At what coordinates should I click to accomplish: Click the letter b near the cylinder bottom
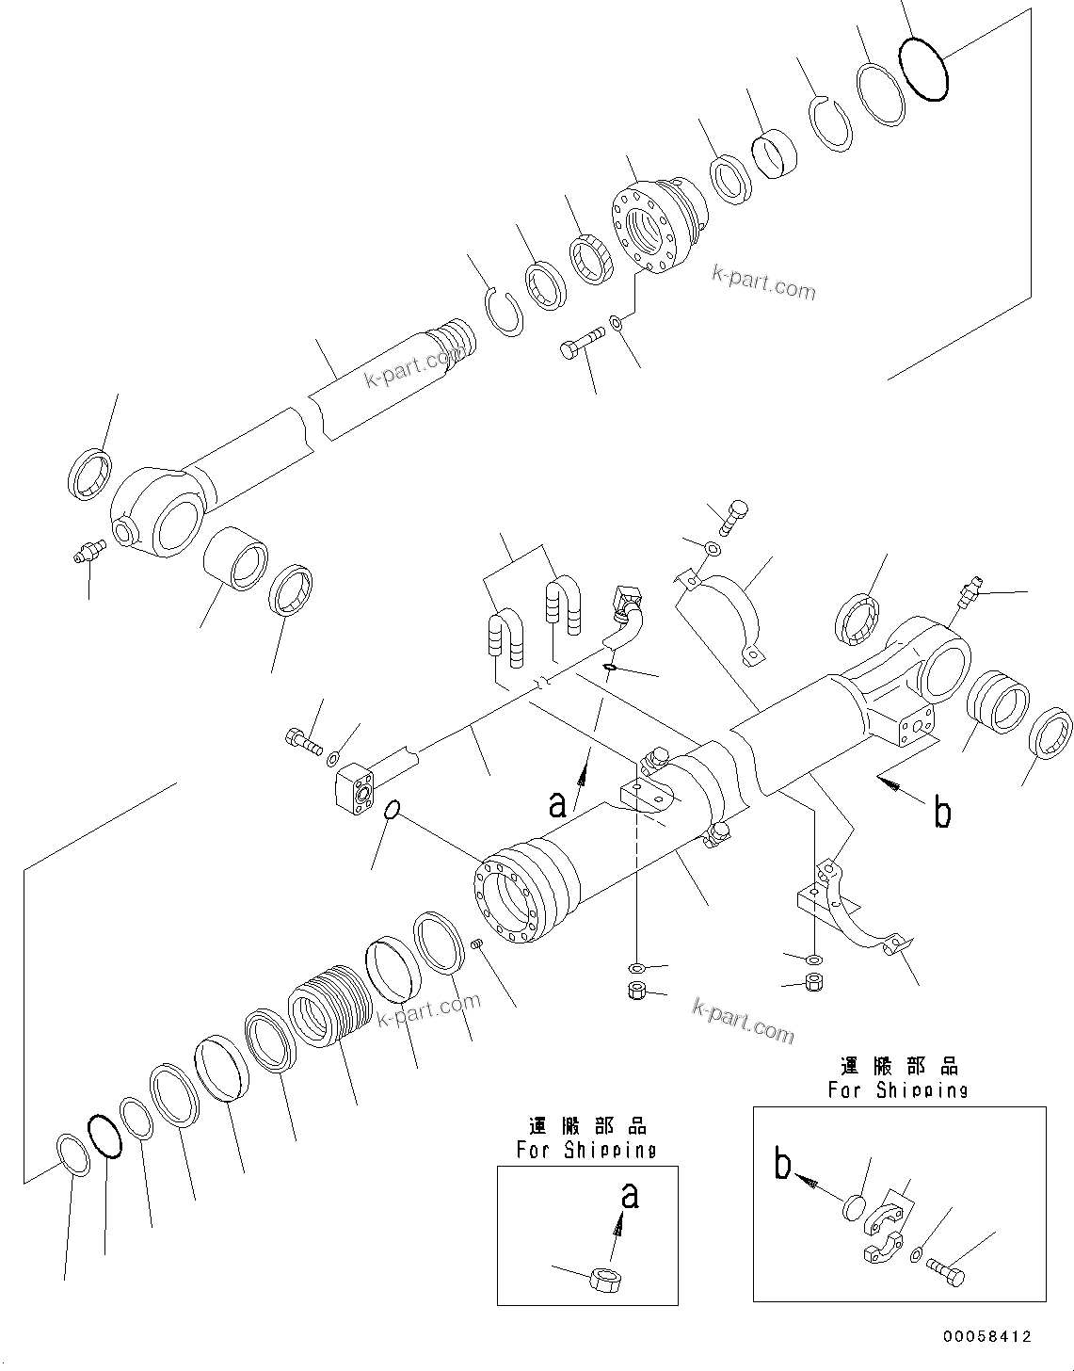pyautogui.click(x=941, y=812)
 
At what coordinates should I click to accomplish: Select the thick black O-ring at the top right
pyautogui.click(x=923, y=69)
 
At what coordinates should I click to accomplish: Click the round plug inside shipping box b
pyautogui.click(x=854, y=1207)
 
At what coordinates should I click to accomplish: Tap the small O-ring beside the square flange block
pyautogui.click(x=394, y=810)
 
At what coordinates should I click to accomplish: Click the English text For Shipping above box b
pyautogui.click(x=898, y=1089)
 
